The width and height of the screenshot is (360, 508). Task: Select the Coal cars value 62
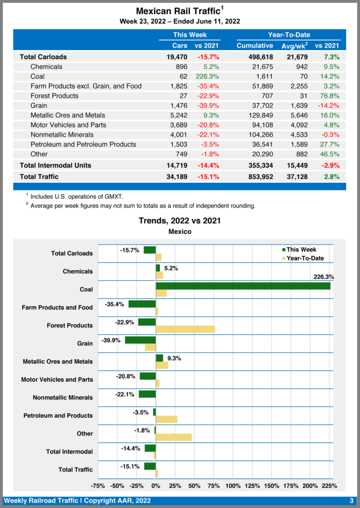182,76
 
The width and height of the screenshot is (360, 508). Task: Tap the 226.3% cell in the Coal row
207,76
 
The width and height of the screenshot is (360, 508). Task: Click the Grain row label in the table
38,105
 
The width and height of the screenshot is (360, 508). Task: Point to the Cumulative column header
255,46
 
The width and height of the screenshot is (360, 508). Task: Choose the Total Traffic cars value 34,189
177,176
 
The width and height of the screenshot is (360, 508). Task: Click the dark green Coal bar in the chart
243,286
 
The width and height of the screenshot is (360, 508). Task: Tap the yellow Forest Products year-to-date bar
185,329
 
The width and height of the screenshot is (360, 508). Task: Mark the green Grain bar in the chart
140,340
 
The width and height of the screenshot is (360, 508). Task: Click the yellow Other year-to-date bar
174,437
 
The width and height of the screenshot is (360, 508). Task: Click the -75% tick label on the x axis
98,486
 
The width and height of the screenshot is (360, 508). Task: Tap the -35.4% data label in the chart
115,304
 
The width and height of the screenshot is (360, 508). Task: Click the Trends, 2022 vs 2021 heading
180,220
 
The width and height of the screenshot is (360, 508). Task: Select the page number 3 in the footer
351,501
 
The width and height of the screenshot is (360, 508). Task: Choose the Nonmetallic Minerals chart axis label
63,397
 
